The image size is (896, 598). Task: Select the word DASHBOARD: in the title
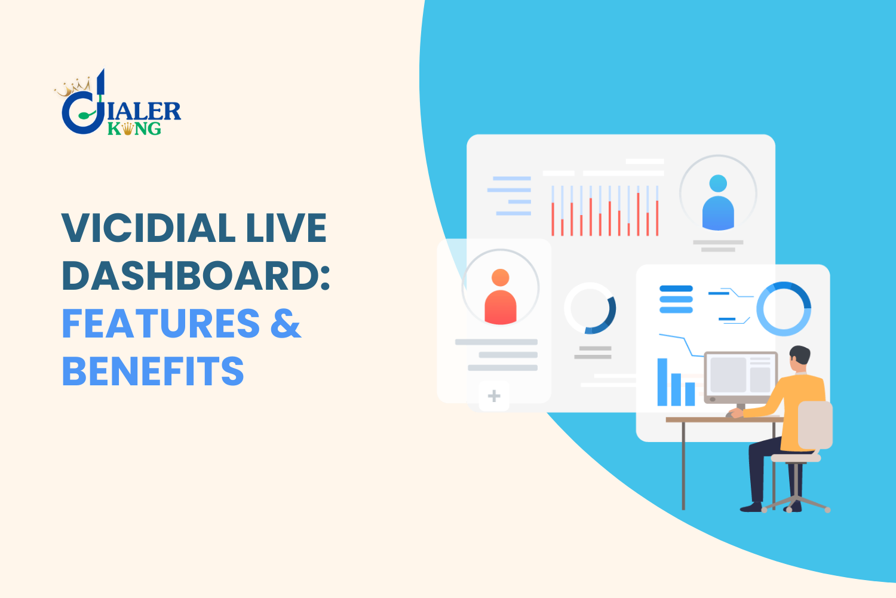click(196, 276)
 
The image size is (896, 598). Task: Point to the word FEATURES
click(161, 324)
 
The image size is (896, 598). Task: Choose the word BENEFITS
click(153, 372)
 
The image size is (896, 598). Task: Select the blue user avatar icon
click(718, 203)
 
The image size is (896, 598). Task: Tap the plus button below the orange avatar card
click(494, 396)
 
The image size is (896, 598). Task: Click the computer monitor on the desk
click(741, 376)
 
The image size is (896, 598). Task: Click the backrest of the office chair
click(815, 425)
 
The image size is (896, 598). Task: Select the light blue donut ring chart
click(784, 308)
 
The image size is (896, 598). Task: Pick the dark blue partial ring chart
click(591, 308)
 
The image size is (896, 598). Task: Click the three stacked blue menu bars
click(676, 299)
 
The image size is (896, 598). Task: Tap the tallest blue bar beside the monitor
click(662, 382)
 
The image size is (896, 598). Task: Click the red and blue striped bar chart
click(605, 210)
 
